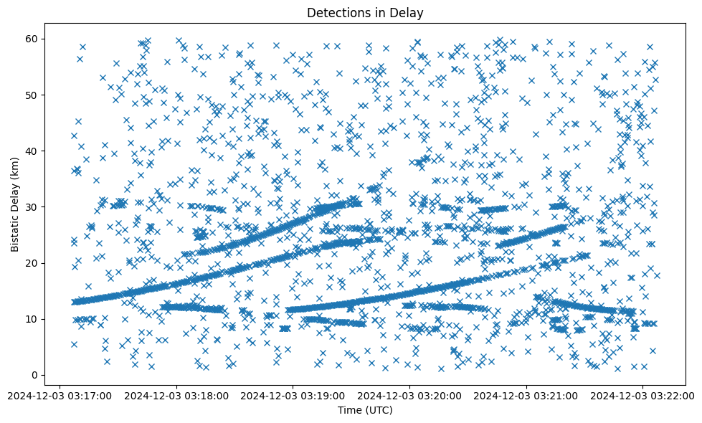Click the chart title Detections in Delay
(x=365, y=12)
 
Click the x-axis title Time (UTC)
(x=365, y=410)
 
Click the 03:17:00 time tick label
(x=60, y=395)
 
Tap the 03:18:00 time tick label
(x=177, y=395)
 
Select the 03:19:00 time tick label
(x=293, y=395)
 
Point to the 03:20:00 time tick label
(x=410, y=395)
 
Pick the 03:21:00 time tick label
(x=527, y=395)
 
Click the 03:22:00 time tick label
(x=643, y=395)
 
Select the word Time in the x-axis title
(x=350, y=410)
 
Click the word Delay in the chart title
(x=409, y=12)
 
